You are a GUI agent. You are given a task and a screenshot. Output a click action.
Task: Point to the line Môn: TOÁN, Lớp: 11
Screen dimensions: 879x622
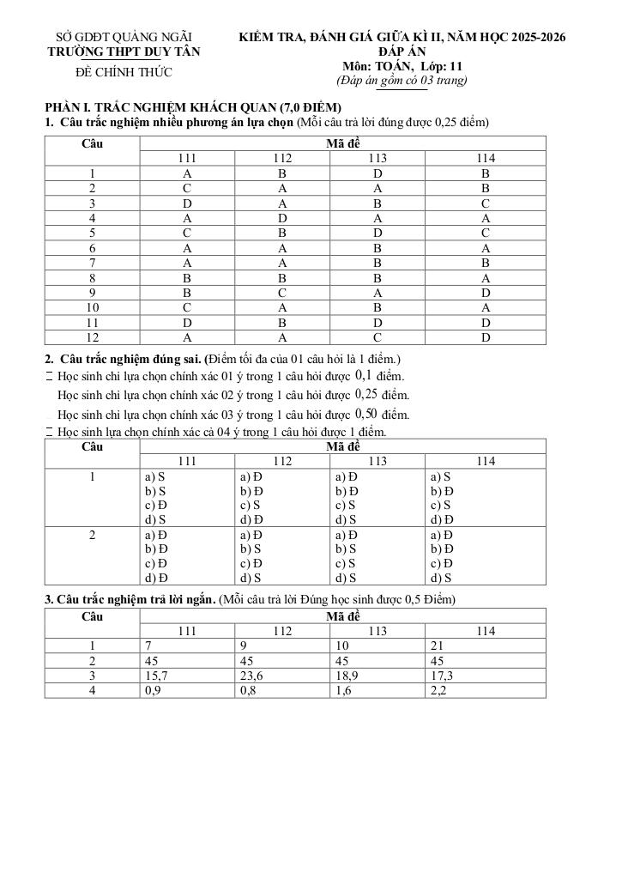point(402,66)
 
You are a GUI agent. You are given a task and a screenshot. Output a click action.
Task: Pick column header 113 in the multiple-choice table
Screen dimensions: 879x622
point(377,158)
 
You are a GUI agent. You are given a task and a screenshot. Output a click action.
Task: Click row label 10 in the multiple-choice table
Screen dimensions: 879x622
point(92,308)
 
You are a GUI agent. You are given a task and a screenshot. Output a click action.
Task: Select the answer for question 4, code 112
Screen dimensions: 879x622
point(282,218)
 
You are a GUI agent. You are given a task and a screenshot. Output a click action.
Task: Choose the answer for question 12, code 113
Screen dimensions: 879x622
point(377,338)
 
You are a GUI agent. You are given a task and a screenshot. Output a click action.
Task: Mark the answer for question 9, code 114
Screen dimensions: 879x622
point(485,293)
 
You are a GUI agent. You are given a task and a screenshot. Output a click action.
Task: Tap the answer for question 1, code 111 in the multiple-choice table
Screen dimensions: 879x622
point(187,173)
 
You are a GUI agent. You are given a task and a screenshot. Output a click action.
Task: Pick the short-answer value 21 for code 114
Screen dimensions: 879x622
point(435,646)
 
